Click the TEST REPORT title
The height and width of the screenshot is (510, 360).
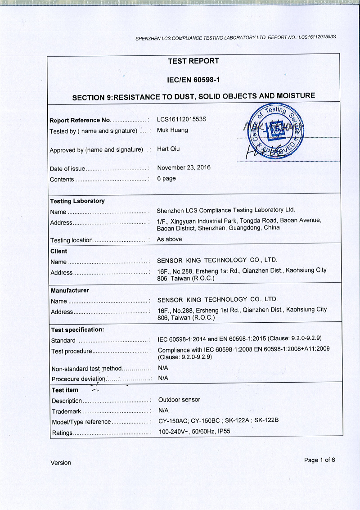[193, 61]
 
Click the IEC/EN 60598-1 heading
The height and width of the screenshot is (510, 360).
[193, 80]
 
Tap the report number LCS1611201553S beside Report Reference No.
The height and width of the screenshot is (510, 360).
[181, 120]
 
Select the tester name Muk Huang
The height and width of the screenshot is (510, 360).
[172, 131]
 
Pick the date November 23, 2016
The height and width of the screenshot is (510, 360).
[184, 167]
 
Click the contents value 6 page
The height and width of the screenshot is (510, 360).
[166, 178]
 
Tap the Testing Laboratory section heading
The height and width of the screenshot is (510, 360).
[77, 201]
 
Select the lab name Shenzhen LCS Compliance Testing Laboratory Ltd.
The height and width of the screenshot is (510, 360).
[225, 210]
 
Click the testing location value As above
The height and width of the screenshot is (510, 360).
[169, 239]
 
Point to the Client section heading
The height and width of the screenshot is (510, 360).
[59, 251]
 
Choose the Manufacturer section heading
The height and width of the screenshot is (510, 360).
[70, 290]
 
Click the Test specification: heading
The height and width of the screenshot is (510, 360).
[77, 329]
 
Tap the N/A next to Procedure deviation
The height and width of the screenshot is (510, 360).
[163, 378]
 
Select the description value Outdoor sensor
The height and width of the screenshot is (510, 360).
[179, 400]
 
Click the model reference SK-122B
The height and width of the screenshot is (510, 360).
[266, 421]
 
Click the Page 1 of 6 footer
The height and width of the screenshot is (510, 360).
[319, 460]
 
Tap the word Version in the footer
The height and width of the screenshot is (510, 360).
[61, 463]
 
